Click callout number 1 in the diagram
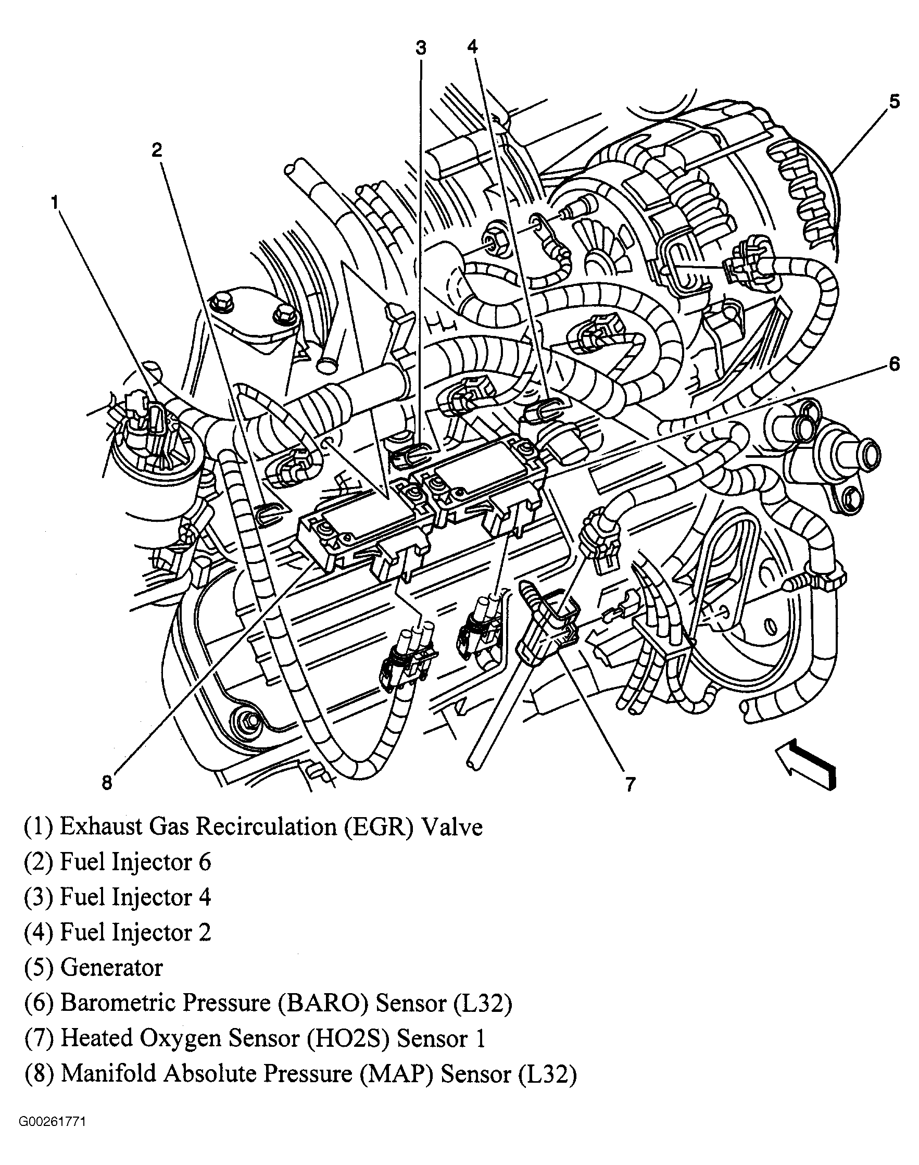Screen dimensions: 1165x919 pyautogui.click(x=55, y=203)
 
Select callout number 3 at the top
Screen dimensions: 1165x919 pyautogui.click(x=421, y=48)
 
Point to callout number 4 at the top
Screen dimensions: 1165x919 pyautogui.click(x=472, y=47)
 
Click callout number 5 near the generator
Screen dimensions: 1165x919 pyautogui.click(x=893, y=101)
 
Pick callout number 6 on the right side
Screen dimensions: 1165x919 pyautogui.click(x=893, y=365)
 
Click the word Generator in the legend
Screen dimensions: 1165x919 pyautogui.click(x=111, y=968)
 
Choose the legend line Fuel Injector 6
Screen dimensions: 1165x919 pyautogui.click(x=118, y=862)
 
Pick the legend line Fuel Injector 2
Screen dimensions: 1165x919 pyautogui.click(x=118, y=933)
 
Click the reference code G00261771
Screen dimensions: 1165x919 pyautogui.click(x=52, y=1121)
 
